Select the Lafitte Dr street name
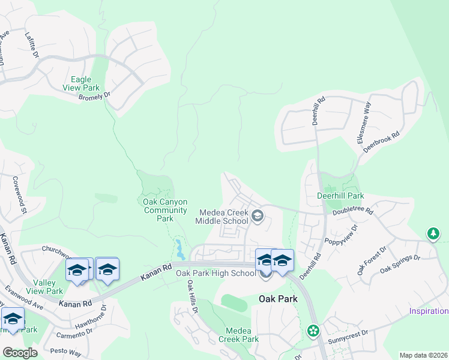click(31, 45)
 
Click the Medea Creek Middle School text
click(221, 217)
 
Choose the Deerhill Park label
click(340, 196)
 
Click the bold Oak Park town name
click(279, 298)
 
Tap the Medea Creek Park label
click(242, 335)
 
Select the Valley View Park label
click(48, 287)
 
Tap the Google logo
click(20, 353)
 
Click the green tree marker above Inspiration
click(433, 233)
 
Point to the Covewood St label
click(20, 194)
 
